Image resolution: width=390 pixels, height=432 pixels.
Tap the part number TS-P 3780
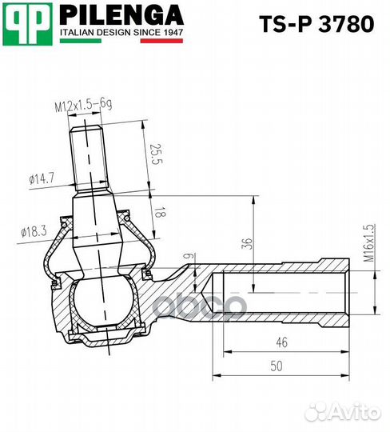tap(316, 24)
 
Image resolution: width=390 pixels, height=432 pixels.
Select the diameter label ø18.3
tap(33, 231)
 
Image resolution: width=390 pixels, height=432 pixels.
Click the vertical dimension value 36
tap(248, 243)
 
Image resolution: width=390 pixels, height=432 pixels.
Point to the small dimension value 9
tap(188, 257)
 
